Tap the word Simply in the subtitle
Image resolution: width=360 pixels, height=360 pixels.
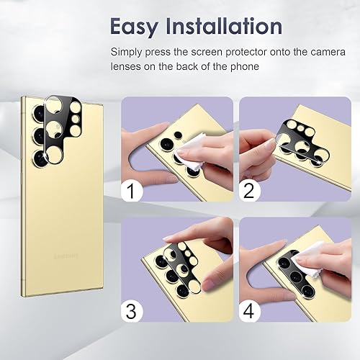tap(128, 53)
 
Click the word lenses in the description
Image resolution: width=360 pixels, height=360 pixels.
tap(127, 67)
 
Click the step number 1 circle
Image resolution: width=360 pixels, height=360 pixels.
tap(130, 192)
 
